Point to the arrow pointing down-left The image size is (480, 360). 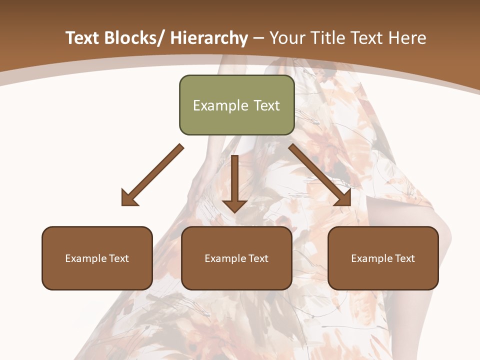[x=152, y=175]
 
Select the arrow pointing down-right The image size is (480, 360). [x=320, y=175]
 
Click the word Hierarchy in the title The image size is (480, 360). [x=209, y=38]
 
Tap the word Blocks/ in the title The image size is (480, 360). [x=132, y=38]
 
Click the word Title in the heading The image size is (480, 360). [x=325, y=38]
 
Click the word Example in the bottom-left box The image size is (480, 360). [x=86, y=258]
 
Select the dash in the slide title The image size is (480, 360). [x=259, y=38]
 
